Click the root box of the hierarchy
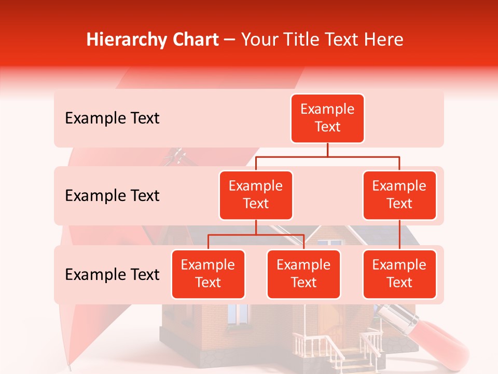coord(327,118)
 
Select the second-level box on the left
coord(256,195)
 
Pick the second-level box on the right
coord(399,195)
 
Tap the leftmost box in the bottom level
coord(208,274)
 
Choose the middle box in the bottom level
coord(303,274)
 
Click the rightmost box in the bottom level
coord(399,274)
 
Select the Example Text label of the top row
coord(112,118)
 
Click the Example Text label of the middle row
coord(112,196)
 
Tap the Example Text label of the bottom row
coord(112,275)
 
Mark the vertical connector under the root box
coord(327,150)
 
